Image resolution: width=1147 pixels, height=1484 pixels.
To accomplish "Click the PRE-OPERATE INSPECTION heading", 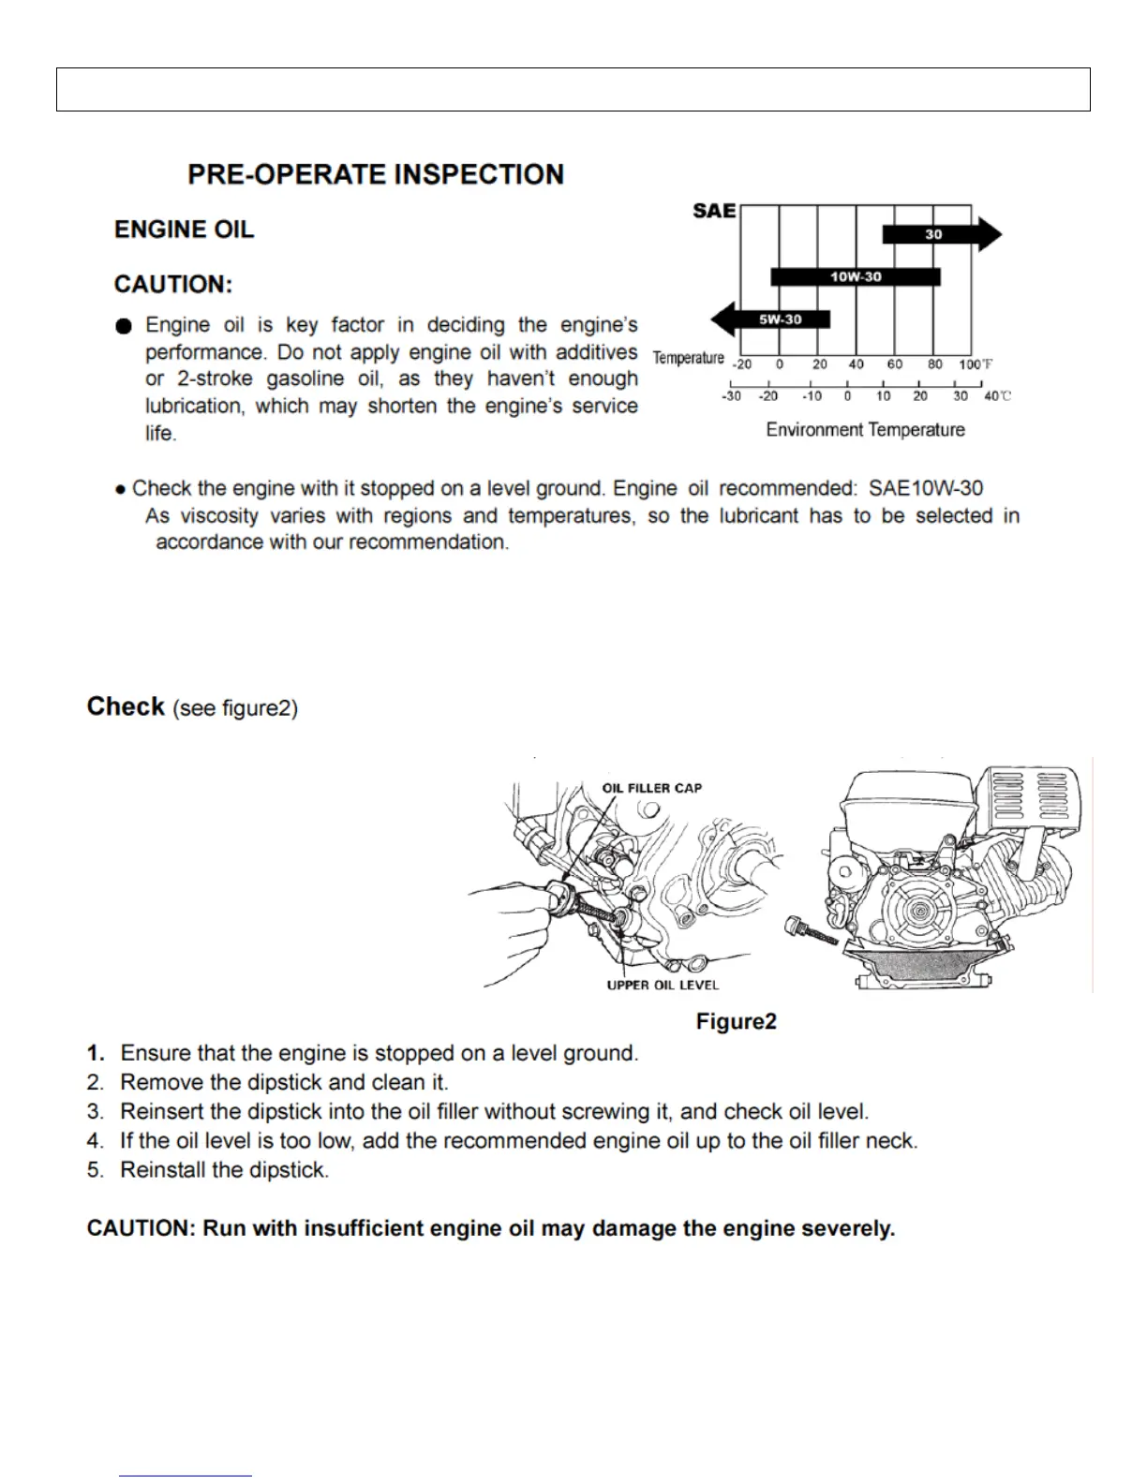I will tap(376, 175).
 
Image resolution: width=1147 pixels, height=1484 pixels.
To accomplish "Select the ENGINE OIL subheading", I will tap(184, 230).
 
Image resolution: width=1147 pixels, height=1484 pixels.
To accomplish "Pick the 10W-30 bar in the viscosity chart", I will tap(856, 277).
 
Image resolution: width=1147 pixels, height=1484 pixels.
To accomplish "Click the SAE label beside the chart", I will tap(714, 211).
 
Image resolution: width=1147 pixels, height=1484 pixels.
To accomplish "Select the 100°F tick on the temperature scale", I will tap(973, 364).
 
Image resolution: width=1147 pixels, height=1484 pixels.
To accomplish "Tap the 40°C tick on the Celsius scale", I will tap(995, 396).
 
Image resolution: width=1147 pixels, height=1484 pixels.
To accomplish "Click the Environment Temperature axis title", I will tap(865, 430).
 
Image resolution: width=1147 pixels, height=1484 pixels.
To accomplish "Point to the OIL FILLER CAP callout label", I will tap(652, 788).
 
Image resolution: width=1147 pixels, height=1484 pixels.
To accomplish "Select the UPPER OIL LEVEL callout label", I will tap(663, 985).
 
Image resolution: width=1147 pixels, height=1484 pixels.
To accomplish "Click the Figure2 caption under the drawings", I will tap(737, 1021).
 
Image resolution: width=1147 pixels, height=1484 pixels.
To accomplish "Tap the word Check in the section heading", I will tap(126, 706).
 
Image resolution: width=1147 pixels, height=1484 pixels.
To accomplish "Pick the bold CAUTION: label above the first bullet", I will tap(173, 285).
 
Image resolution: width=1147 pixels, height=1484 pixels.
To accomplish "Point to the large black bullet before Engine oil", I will tap(125, 326).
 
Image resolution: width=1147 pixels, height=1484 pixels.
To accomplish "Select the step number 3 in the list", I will tap(95, 1112).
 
